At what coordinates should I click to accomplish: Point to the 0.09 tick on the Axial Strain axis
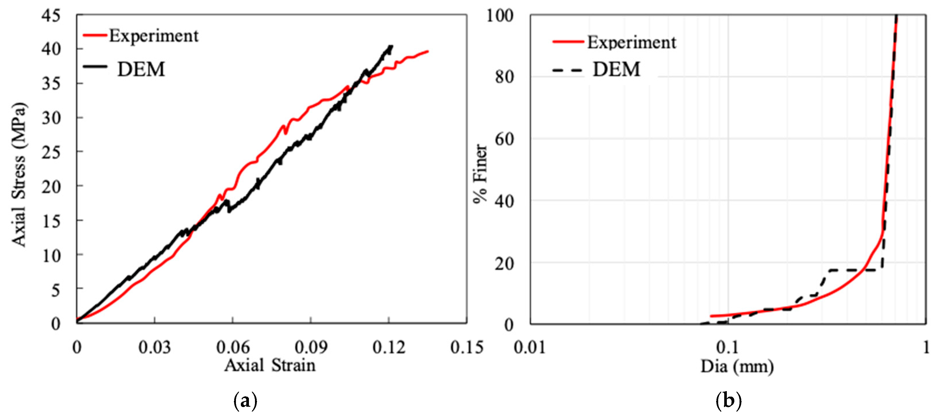tap(310, 347)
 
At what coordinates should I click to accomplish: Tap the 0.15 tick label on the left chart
tap(467, 347)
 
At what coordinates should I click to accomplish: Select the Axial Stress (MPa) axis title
tap(19, 175)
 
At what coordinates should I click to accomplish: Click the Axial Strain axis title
tap(270, 365)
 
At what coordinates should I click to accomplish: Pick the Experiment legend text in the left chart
tap(153, 36)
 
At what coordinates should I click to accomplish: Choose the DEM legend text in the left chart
tap(141, 69)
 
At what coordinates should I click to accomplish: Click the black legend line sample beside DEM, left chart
tap(95, 66)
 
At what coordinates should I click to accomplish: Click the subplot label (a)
tap(245, 401)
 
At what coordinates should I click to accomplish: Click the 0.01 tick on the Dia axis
tap(530, 347)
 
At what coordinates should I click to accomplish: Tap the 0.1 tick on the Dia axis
tap(728, 347)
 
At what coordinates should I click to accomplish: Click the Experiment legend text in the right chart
tap(632, 42)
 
